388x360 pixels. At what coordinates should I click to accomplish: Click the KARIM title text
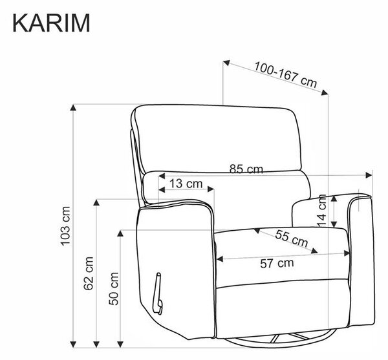pos(51,23)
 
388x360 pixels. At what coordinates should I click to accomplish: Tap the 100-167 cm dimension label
pos(286,75)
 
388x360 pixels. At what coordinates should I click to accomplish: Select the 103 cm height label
pos(65,226)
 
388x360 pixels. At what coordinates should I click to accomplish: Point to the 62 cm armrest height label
pos(89,273)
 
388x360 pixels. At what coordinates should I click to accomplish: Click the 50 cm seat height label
pos(114,288)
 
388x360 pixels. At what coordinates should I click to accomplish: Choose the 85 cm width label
pos(246,169)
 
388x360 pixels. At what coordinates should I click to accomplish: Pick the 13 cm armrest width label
pos(186,184)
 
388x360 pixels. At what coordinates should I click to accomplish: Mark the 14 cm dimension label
pos(322,210)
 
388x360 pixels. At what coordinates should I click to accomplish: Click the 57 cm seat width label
pos(277,263)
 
